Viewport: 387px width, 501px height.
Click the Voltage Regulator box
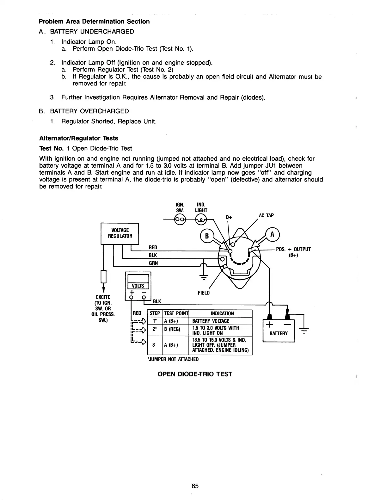point(120,233)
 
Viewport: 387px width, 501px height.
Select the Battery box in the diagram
point(279,331)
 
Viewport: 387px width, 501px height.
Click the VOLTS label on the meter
point(138,286)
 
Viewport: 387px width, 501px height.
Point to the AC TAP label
point(266,215)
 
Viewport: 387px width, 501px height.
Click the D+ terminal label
point(229,217)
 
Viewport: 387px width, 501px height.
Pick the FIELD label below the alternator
point(204,293)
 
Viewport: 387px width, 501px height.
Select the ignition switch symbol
point(180,219)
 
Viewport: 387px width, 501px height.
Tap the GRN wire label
point(153,263)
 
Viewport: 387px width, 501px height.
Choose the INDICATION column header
point(222,313)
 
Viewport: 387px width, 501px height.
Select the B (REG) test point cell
point(172,330)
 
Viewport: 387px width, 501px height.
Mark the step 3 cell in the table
point(153,345)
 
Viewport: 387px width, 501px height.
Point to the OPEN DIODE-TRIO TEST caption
point(195,374)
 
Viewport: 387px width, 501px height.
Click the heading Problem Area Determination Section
point(94,22)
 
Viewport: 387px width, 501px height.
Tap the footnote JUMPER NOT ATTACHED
point(173,359)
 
